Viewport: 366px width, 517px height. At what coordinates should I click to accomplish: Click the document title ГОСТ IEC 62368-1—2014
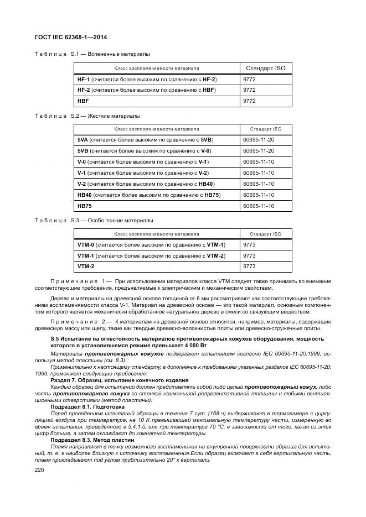71,37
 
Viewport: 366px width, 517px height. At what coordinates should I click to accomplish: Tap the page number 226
40,469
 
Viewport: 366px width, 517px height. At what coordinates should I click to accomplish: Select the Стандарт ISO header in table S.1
265,68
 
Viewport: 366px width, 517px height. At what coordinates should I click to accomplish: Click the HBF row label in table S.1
83,101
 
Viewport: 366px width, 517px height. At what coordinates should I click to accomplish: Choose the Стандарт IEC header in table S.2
265,129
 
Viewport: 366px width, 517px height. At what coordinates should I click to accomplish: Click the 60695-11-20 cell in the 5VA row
259,139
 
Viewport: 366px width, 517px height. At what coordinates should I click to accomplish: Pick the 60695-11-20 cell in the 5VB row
259,150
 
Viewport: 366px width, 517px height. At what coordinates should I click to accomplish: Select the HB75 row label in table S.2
85,206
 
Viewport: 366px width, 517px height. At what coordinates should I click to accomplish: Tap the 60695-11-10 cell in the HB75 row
259,206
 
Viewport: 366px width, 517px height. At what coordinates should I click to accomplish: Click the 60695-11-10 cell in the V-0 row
259,161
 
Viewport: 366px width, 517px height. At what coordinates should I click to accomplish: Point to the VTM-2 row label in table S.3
86,267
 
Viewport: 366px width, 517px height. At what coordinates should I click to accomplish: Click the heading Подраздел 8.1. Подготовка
90,406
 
